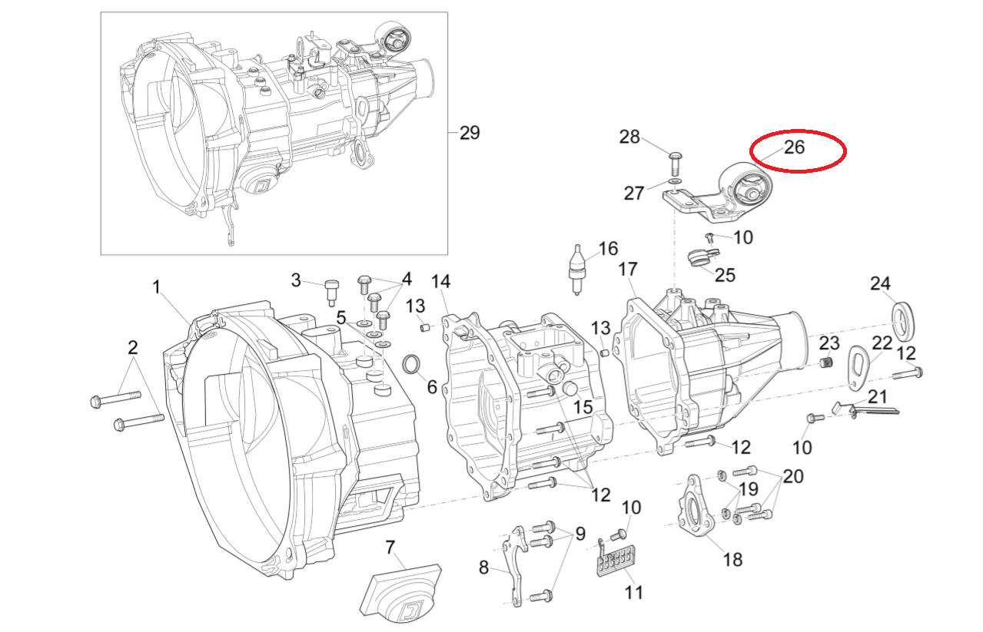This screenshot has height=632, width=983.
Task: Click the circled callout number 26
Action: tap(794, 147)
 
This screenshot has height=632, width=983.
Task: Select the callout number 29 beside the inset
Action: tap(469, 133)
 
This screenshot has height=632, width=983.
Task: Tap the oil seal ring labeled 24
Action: tap(903, 321)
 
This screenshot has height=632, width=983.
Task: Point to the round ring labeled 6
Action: tap(413, 363)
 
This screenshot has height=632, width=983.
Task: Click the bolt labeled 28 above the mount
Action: tap(674, 160)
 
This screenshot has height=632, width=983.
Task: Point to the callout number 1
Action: tap(156, 288)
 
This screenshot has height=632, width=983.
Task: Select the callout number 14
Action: tap(440, 282)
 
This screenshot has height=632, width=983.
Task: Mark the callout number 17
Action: tap(628, 270)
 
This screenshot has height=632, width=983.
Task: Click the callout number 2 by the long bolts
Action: tap(133, 348)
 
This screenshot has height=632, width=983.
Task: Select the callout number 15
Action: tap(583, 406)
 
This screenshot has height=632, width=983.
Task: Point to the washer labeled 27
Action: tap(673, 181)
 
